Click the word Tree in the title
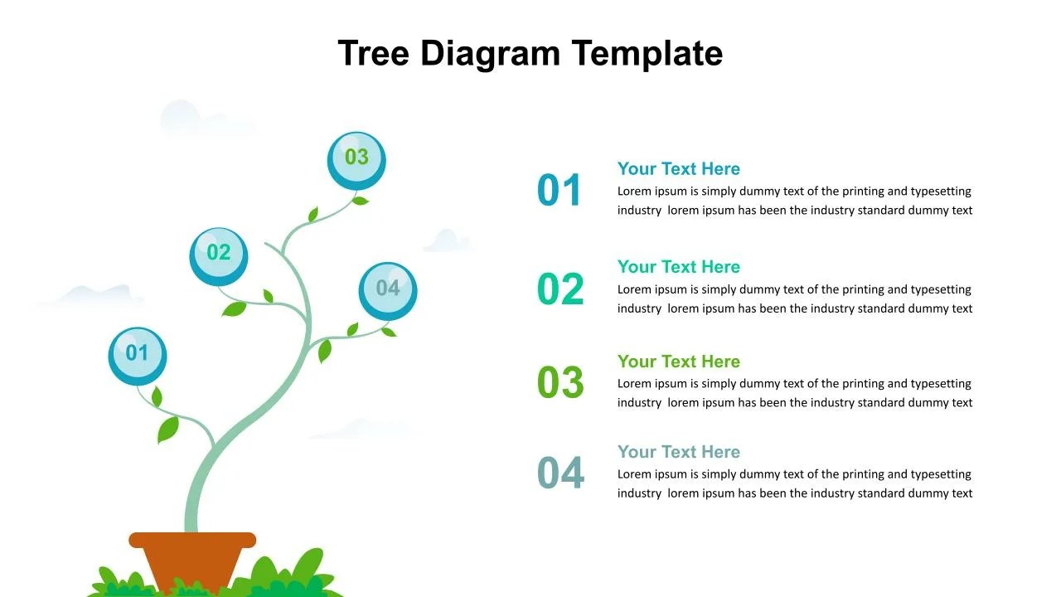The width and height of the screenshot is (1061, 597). click(374, 53)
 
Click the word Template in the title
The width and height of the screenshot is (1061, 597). click(647, 53)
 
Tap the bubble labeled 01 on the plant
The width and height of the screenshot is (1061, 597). click(138, 356)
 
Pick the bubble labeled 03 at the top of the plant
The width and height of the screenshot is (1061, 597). click(356, 159)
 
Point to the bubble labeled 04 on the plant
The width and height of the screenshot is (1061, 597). click(388, 290)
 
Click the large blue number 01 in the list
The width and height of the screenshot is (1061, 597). click(560, 191)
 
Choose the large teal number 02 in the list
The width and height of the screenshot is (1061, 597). click(560, 289)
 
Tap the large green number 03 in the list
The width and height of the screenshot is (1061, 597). click(560, 382)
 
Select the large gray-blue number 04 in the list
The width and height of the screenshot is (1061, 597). click(560, 473)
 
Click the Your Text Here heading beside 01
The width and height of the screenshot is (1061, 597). click(678, 169)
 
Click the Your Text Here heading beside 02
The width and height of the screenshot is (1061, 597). click(678, 267)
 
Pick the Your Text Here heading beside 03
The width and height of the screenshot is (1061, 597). click(678, 362)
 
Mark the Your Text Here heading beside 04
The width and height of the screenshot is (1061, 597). click(678, 452)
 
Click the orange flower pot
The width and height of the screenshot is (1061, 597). click(192, 558)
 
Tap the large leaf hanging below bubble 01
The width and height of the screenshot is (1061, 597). click(168, 429)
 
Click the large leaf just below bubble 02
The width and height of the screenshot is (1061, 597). click(235, 309)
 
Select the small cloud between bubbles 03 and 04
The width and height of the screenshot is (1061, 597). click(447, 241)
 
